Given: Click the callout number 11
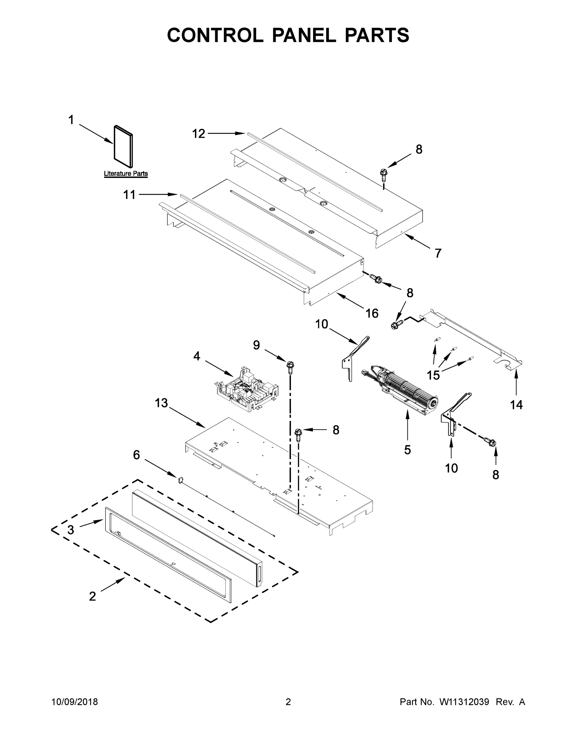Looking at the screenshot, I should coord(129,195).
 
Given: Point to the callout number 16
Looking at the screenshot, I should coord(372,313).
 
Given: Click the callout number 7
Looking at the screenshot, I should coord(438,253).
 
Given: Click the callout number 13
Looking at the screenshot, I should coord(161,403).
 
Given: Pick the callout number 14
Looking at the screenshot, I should coord(516,405).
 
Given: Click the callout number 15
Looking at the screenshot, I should coord(433,375).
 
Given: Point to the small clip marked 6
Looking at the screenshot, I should coord(180,479).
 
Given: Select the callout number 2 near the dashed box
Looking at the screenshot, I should coord(93,596).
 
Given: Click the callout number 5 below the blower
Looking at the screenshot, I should coord(407,450).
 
